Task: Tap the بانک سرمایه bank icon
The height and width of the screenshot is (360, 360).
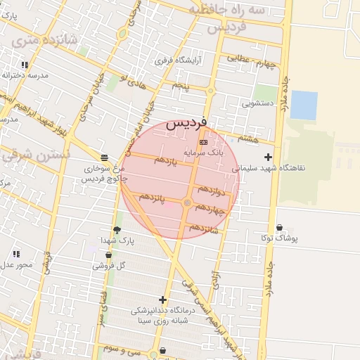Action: tap(204, 142)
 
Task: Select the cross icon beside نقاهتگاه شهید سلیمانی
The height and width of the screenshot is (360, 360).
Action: tap(267, 157)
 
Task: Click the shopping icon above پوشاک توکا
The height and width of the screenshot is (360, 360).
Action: tap(281, 228)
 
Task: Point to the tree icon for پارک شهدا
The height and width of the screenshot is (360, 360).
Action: tap(117, 230)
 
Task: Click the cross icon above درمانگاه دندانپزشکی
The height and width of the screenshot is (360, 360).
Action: tap(162, 300)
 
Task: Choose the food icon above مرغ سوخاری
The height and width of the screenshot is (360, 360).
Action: tap(104, 157)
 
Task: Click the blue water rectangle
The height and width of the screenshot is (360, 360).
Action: tap(304, 105)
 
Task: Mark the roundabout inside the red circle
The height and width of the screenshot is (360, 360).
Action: tap(187, 203)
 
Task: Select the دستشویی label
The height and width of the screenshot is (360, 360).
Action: tap(257, 103)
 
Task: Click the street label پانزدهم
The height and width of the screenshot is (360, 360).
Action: tap(152, 199)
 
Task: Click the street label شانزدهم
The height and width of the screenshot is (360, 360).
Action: tap(204, 229)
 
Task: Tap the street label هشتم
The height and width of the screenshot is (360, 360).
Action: tap(248, 139)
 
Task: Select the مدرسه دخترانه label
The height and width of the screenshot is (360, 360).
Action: tap(25, 75)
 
